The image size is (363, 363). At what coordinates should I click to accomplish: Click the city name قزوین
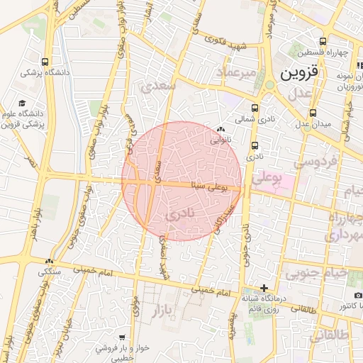pos(305,73)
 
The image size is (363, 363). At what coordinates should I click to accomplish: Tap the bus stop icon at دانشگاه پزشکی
pos(45,62)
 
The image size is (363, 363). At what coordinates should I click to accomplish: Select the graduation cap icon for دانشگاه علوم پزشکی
pos(21,103)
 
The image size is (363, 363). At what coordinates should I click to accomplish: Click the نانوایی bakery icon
pos(220,130)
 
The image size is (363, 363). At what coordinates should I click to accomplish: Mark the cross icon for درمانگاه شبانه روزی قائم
pos(264,288)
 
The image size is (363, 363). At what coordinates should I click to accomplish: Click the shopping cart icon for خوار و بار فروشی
pos(122,337)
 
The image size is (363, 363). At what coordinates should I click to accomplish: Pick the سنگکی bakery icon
pos(49,261)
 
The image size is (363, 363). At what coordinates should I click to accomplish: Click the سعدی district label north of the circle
pos(157,87)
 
